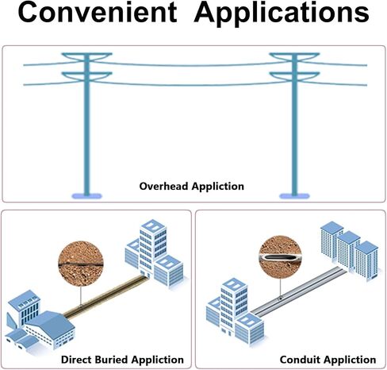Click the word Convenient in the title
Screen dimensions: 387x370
point(98,12)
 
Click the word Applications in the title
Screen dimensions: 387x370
point(282,13)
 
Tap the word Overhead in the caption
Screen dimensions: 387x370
point(163,186)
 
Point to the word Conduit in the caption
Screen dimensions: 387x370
point(300,360)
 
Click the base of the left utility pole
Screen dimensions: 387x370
point(86,196)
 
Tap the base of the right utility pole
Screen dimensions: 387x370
point(294,196)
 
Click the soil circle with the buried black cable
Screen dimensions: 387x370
point(81,264)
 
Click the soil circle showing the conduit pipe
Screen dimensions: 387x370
point(280,257)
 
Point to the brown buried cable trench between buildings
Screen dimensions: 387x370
point(105,295)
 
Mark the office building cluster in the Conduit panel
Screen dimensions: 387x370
point(235,312)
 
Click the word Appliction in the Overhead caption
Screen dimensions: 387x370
point(218,187)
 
